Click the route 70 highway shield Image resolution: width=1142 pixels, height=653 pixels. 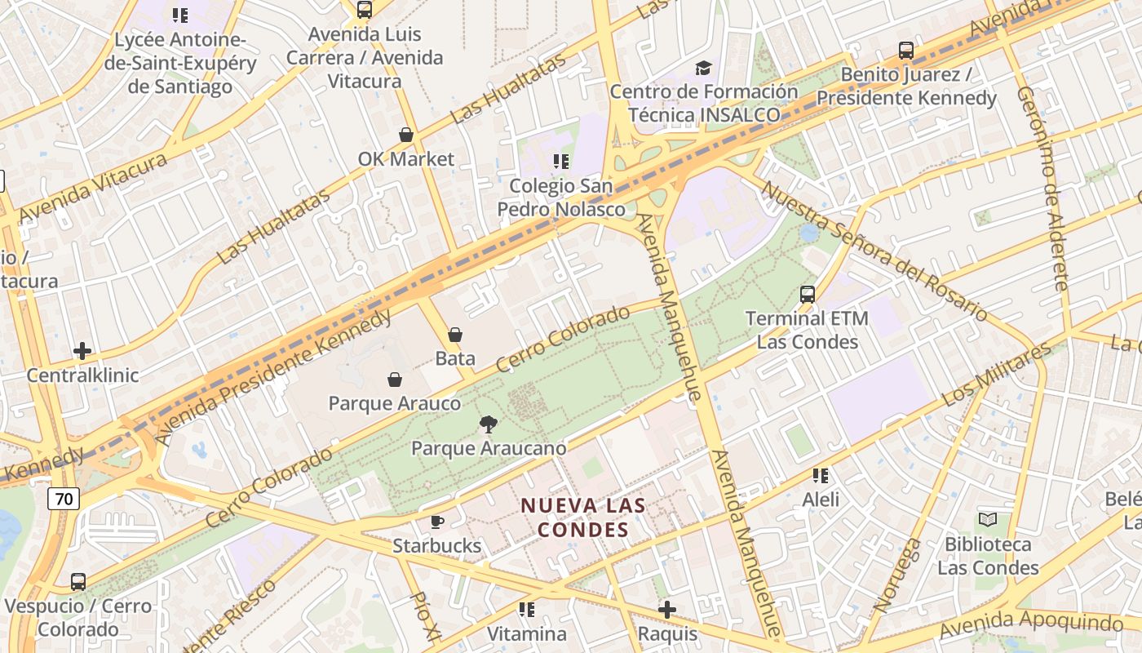pyautogui.click(x=63, y=499)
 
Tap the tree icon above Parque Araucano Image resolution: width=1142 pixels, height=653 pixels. pyautogui.click(x=488, y=424)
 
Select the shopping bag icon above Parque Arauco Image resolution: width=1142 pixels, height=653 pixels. pyautogui.click(x=394, y=380)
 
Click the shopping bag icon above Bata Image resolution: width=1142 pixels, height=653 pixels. pyautogui.click(x=455, y=335)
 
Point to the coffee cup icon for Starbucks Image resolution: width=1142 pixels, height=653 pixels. pyautogui.click(x=437, y=522)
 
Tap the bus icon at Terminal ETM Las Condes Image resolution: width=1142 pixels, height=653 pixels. pyautogui.click(x=807, y=295)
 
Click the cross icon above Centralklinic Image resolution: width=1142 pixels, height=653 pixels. pyautogui.click(x=82, y=352)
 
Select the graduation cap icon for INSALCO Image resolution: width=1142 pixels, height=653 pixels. pyautogui.click(x=703, y=68)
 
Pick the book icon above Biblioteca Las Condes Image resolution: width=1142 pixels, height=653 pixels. pyautogui.click(x=987, y=520)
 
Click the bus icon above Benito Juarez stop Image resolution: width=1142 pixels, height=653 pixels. pyautogui.click(x=905, y=51)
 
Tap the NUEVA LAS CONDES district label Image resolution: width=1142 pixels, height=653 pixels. pyautogui.click(x=583, y=518)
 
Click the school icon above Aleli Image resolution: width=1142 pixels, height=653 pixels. pyautogui.click(x=820, y=475)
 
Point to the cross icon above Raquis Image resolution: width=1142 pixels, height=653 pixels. pyautogui.click(x=667, y=610)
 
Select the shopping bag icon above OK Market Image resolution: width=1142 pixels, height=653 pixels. pyautogui.click(x=405, y=135)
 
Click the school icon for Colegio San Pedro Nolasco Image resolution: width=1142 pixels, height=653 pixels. pyautogui.click(x=560, y=162)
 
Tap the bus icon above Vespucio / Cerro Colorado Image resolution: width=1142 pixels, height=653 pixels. pyautogui.click(x=78, y=582)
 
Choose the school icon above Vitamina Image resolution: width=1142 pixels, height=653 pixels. pyautogui.click(x=526, y=610)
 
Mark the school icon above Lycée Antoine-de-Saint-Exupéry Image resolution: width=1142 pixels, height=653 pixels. pyautogui.click(x=180, y=15)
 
